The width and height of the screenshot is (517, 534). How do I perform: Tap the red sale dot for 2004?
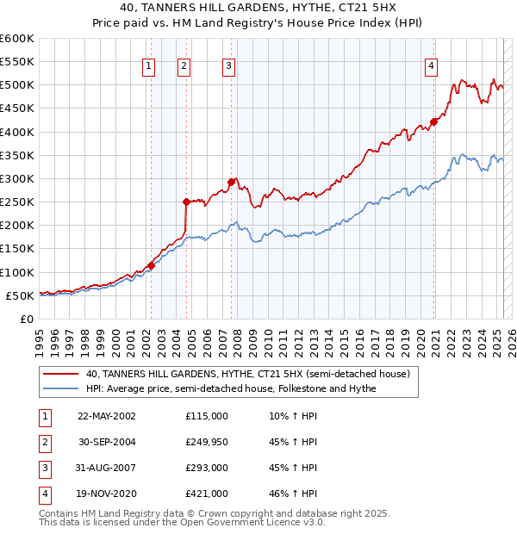click(186, 202)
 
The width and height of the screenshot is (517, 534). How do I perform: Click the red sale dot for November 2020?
click(433, 121)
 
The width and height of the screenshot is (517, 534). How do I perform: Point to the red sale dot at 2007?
click(231, 182)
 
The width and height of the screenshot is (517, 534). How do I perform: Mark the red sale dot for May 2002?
click(151, 265)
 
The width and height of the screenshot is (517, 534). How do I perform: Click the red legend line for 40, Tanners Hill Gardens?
click(61, 374)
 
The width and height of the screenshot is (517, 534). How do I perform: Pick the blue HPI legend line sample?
click(61, 388)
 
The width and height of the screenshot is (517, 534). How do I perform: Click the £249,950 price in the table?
click(207, 441)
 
